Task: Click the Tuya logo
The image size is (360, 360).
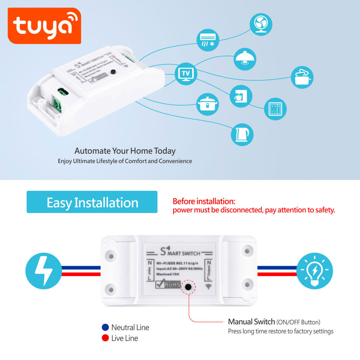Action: tap(44, 26)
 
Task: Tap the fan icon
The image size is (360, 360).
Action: tap(261, 24)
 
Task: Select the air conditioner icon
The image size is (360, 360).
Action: tap(207, 40)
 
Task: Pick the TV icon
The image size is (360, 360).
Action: tap(186, 73)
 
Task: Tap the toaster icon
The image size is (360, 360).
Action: tap(302, 77)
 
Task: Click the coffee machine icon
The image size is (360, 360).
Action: tap(241, 96)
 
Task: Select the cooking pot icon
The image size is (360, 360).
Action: tap(208, 104)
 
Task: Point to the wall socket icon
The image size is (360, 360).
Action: tap(275, 109)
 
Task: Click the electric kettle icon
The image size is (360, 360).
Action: tap(242, 135)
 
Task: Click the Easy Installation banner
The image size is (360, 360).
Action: tap(92, 202)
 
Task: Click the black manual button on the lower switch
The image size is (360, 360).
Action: tap(188, 287)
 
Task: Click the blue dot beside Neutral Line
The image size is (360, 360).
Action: tap(105, 327)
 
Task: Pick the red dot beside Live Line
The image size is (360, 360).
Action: tap(105, 338)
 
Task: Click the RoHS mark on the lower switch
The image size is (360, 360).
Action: tap(167, 284)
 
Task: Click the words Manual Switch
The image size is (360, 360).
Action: tap(251, 322)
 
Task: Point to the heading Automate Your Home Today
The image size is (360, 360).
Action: tap(125, 150)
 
